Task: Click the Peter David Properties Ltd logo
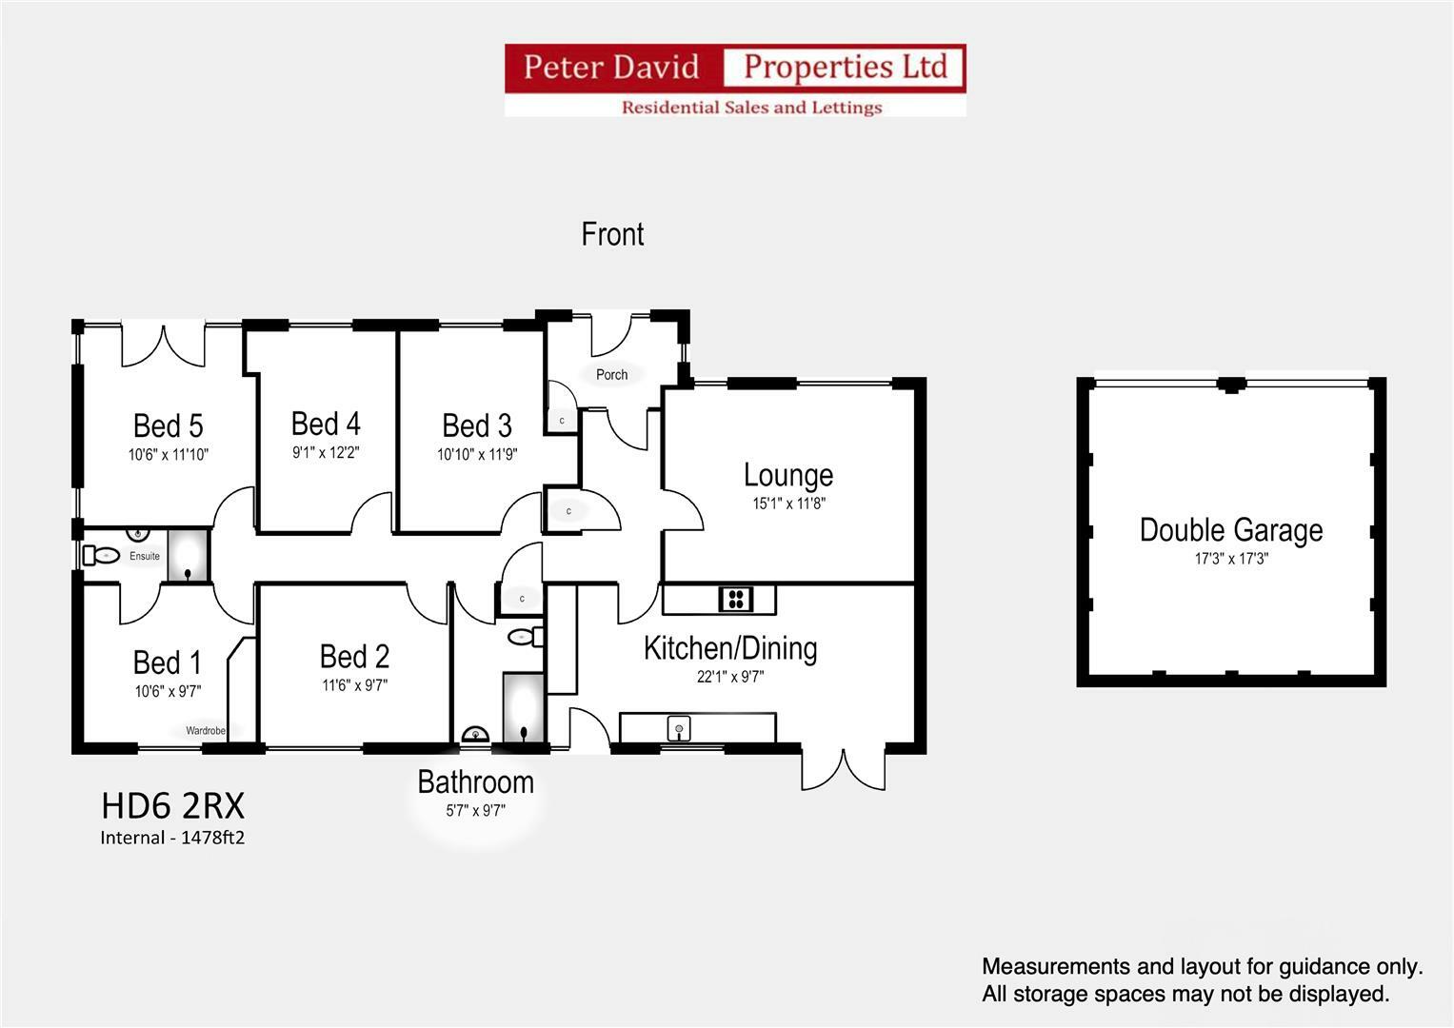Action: click(x=734, y=80)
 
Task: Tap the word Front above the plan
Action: click(x=612, y=234)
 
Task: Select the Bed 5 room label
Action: click(x=168, y=425)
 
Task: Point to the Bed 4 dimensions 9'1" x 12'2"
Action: click(x=326, y=453)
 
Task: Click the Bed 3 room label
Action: click(x=476, y=425)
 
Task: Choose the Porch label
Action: click(x=611, y=375)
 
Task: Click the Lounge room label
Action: click(x=787, y=475)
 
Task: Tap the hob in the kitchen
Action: click(x=735, y=599)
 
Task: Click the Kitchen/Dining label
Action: click(x=730, y=648)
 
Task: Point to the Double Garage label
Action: click(x=1230, y=530)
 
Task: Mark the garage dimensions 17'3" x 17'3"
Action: click(x=1230, y=560)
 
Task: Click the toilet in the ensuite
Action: click(x=99, y=555)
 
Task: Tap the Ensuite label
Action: click(x=145, y=556)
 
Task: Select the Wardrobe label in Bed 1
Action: click(x=206, y=731)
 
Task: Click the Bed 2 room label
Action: click(x=354, y=657)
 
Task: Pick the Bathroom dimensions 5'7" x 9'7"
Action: click(x=475, y=812)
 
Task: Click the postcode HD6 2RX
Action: click(x=172, y=807)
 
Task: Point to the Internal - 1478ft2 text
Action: click(x=172, y=839)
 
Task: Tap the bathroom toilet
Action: click(x=523, y=636)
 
